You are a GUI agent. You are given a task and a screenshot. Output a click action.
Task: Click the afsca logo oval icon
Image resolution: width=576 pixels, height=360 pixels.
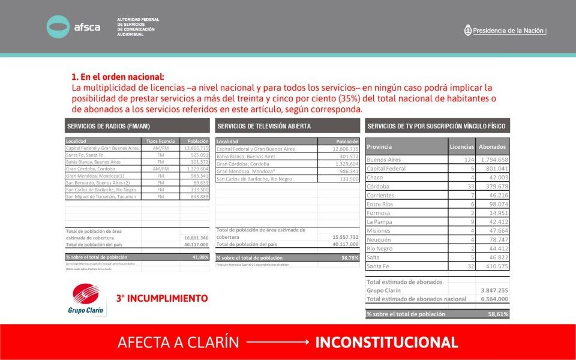point(58,27)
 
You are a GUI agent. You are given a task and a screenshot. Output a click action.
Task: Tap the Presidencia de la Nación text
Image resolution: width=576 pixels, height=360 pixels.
point(509,31)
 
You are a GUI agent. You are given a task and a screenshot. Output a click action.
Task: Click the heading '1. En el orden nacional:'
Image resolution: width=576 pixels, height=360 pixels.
point(118,77)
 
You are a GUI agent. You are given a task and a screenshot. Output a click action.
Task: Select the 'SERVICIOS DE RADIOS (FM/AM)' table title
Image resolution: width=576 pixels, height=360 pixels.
point(109,126)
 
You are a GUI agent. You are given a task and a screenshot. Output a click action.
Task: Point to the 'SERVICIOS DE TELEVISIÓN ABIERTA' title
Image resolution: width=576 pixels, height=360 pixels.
point(264,126)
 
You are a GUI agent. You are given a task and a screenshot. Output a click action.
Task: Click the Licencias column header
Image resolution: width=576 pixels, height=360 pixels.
point(462,146)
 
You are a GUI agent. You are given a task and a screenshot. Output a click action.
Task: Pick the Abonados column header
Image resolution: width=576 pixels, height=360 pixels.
point(492,146)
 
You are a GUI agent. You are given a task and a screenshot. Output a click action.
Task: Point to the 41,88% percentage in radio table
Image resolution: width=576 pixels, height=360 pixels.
point(200,257)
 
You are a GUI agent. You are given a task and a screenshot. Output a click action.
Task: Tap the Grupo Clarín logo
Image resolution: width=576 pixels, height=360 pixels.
point(85,299)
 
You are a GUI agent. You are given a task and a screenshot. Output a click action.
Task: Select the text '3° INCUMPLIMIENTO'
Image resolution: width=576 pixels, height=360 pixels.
point(162,298)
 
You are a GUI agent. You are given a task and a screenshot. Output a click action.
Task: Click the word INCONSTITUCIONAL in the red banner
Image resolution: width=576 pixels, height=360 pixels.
point(386,343)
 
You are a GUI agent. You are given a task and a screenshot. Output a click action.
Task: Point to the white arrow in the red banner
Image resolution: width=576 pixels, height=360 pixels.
point(277,343)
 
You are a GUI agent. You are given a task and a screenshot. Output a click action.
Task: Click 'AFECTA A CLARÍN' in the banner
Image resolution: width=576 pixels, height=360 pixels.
point(178,343)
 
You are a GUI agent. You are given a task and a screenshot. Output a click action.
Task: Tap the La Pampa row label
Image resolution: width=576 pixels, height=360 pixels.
point(379,222)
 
